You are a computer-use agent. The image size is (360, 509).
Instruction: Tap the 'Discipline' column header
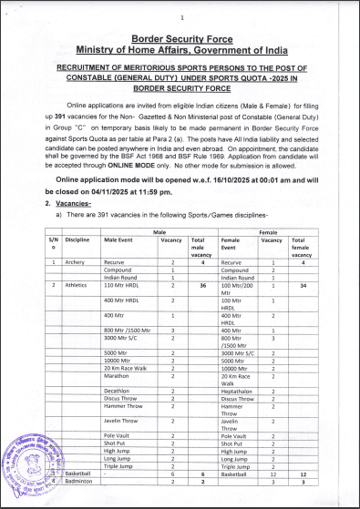pyautogui.click(x=77, y=239)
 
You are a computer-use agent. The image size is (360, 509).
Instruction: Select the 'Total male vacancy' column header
pyautogui.click(x=199, y=245)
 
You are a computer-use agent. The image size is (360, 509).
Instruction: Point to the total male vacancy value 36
pyautogui.click(x=200, y=286)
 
